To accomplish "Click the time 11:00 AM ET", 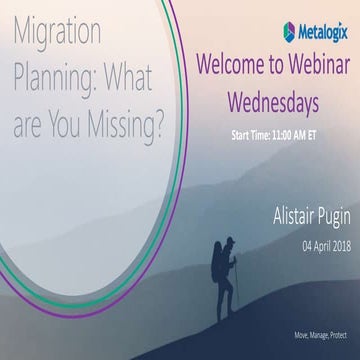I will pos(296,131).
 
